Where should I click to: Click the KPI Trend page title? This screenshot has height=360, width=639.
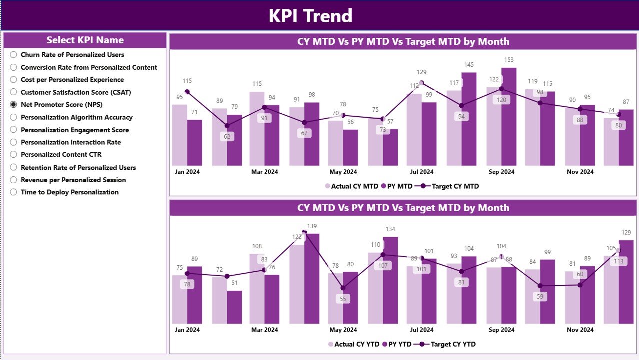pyautogui.click(x=310, y=16)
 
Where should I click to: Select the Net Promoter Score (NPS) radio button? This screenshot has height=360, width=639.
pyautogui.click(x=13, y=105)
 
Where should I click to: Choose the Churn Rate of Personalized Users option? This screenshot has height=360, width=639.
pyautogui.click(x=13, y=55)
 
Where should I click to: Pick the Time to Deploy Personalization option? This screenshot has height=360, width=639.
pyautogui.click(x=13, y=192)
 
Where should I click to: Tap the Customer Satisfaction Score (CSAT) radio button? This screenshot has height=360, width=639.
pyautogui.click(x=13, y=92)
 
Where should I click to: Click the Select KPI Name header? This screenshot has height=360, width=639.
pyautogui.click(x=85, y=40)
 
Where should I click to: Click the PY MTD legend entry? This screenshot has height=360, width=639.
pyautogui.click(x=397, y=186)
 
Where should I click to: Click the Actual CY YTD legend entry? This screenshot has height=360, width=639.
pyautogui.click(x=352, y=344)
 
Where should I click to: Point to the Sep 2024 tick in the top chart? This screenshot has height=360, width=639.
pyautogui.click(x=501, y=172)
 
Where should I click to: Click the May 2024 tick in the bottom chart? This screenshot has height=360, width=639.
pyautogui.click(x=343, y=330)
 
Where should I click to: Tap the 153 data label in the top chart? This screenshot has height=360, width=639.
pyautogui.click(x=508, y=60)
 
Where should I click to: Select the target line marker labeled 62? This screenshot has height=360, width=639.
pyautogui.click(x=227, y=126)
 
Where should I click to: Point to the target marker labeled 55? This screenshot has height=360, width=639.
pyautogui.click(x=343, y=288)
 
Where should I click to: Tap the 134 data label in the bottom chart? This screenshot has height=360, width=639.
pyautogui.click(x=390, y=229)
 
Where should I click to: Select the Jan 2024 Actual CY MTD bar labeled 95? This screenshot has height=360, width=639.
pyautogui.click(x=180, y=135)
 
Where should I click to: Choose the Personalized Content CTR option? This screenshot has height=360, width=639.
pyautogui.click(x=13, y=155)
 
